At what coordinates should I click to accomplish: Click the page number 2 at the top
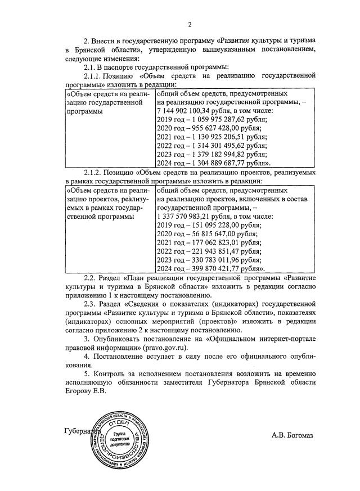point(190,24)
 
